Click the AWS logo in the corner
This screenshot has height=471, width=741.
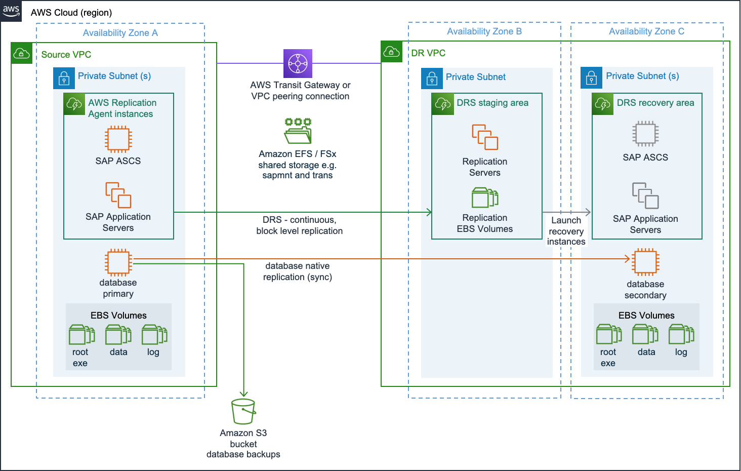tap(11, 11)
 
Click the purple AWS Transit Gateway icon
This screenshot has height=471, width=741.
tap(298, 63)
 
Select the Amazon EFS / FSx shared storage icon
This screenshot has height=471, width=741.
tap(298, 131)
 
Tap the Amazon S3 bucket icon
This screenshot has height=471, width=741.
tap(243, 411)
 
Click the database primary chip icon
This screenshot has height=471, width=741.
tap(118, 262)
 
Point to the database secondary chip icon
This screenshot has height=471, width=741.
tap(646, 262)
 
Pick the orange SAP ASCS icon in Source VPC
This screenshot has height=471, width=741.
tap(118, 139)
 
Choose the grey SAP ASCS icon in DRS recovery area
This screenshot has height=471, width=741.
tap(645, 134)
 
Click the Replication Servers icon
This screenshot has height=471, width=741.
tap(485, 137)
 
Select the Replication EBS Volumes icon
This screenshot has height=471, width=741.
tap(485, 198)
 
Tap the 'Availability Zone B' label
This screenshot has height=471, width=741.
tap(484, 31)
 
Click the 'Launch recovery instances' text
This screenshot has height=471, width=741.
tap(566, 231)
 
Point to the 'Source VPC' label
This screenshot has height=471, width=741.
tap(66, 55)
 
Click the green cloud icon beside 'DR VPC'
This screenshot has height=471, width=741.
tap(392, 52)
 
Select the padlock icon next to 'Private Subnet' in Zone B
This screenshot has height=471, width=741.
tap(432, 78)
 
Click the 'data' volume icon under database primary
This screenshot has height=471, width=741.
tap(118, 335)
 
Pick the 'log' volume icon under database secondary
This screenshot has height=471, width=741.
tap(681, 335)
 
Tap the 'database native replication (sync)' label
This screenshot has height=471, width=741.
tap(298, 271)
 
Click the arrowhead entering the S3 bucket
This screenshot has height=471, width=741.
tap(243, 394)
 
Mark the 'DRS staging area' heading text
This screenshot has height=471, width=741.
tap(492, 103)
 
